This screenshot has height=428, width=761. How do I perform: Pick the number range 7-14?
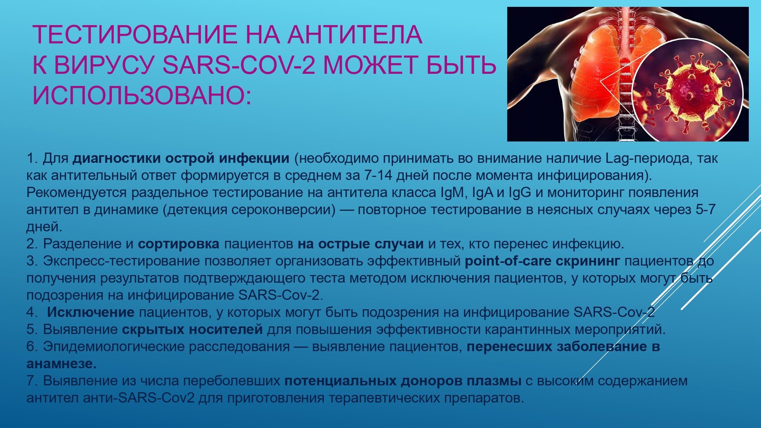(x=378, y=175)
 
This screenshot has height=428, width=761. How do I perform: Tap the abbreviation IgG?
(x=520, y=193)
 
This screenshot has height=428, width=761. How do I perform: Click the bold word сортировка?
(x=178, y=244)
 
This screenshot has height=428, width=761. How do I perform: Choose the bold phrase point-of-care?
(x=508, y=261)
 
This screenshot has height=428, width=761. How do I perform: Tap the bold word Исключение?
(x=91, y=312)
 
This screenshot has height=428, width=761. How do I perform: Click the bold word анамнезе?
(x=62, y=364)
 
